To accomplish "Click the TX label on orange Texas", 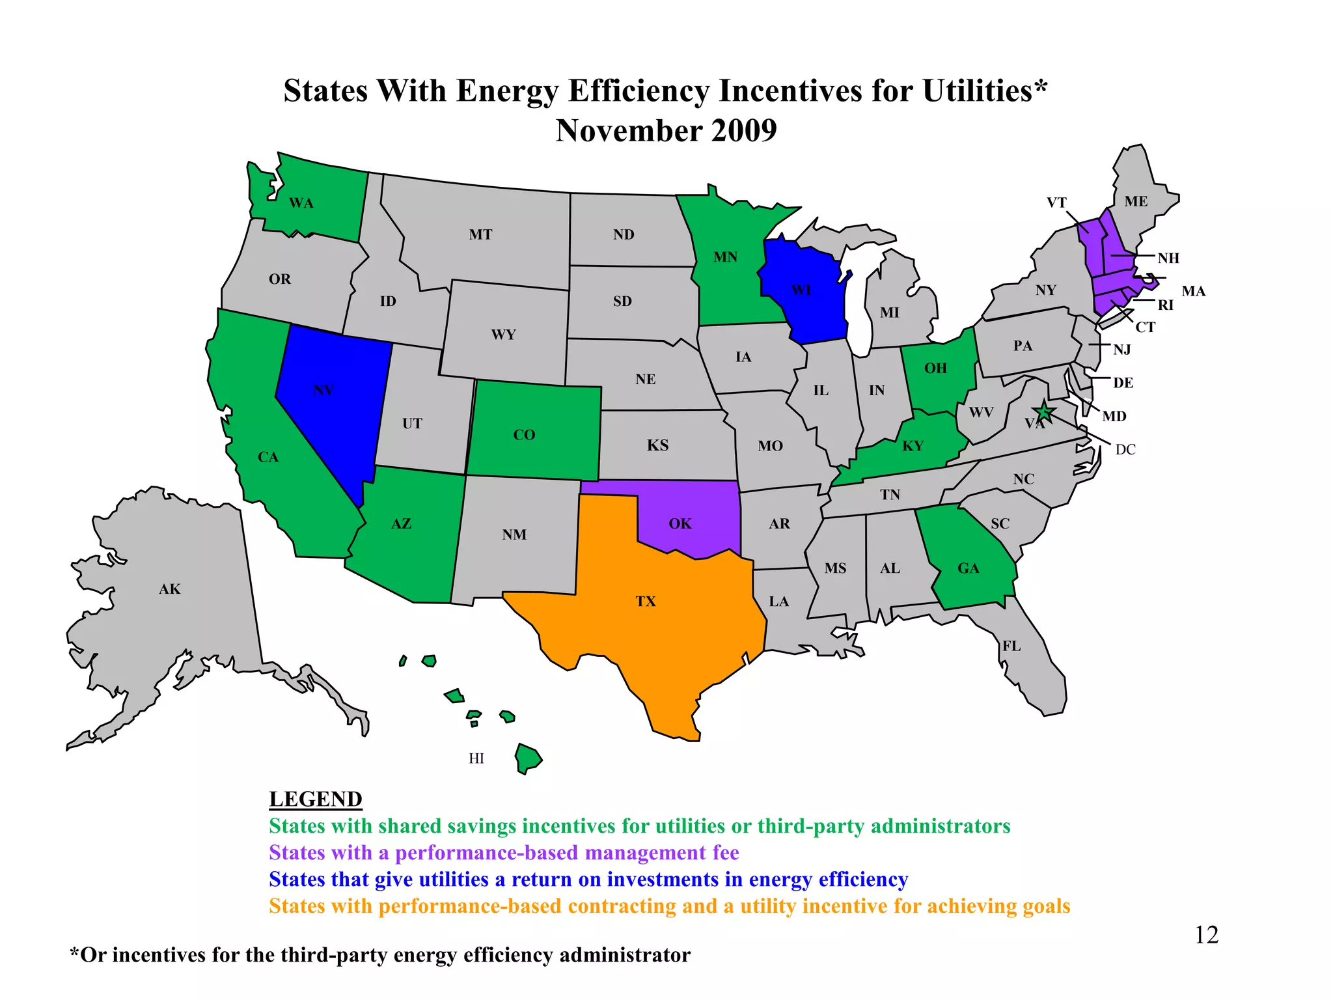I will click(x=646, y=602).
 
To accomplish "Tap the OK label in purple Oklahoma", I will click(x=680, y=524).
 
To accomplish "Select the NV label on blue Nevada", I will click(x=323, y=391).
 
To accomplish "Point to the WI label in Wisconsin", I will click(x=801, y=290).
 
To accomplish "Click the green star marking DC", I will click(x=1044, y=411).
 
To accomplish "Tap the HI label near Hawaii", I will click(x=476, y=758).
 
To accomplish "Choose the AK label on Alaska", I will click(x=170, y=589).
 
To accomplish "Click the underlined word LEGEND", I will click(x=316, y=799).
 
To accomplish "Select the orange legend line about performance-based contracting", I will click(x=669, y=906).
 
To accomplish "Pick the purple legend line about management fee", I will click(x=504, y=853).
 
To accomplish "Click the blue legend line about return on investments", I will click(x=588, y=880).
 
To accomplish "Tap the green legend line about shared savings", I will click(x=639, y=826).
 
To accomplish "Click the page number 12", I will click(x=1206, y=935).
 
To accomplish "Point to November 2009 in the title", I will click(x=666, y=131).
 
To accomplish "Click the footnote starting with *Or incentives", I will click(x=380, y=955).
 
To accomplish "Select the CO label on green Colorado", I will click(x=524, y=435).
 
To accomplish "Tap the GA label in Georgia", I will click(x=968, y=568).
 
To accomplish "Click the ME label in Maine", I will click(x=1136, y=202).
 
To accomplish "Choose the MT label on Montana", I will click(x=480, y=234).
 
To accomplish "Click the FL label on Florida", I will click(x=1011, y=646).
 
